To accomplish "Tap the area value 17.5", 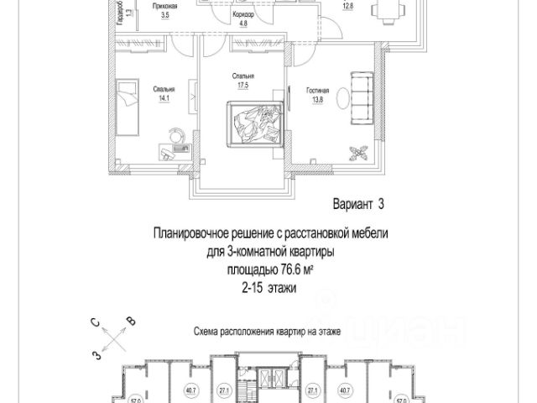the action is tap(243, 86).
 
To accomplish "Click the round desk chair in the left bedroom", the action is tap(178, 134).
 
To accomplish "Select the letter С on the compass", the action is tap(98, 322).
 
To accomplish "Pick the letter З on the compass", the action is tap(97, 355).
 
